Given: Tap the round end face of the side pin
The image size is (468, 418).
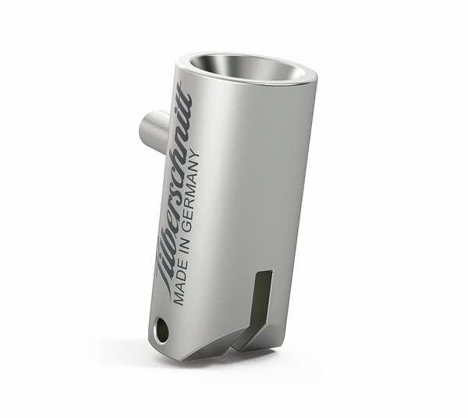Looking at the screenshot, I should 145,128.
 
